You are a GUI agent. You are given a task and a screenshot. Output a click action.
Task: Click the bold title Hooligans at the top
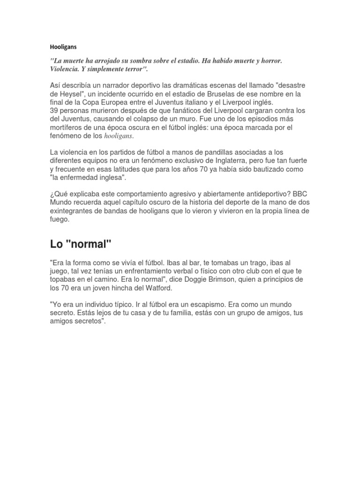point(63,47)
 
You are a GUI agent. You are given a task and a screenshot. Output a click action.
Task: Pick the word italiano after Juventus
point(225,102)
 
